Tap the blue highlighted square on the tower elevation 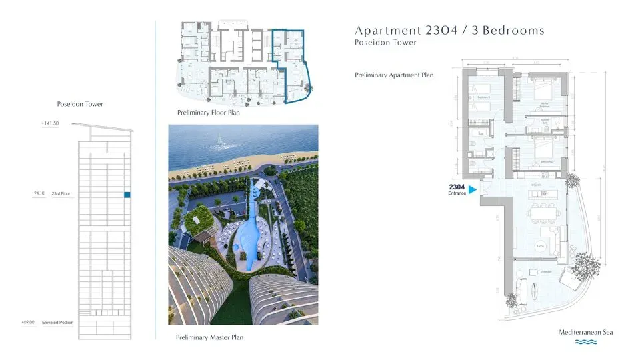tap(126, 195)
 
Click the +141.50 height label tap(50, 123)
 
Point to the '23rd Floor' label tap(61, 194)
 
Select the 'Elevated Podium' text tap(58, 323)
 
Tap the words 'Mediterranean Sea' tap(586, 332)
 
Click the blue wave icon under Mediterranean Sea tap(585, 342)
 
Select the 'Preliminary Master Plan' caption tap(209, 337)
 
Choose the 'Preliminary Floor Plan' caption tap(209, 113)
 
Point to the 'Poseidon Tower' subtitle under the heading tap(385, 43)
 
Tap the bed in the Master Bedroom tap(548, 94)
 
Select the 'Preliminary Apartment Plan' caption tap(394, 75)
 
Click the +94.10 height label tap(41, 194)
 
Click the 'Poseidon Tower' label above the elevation tap(80, 104)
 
